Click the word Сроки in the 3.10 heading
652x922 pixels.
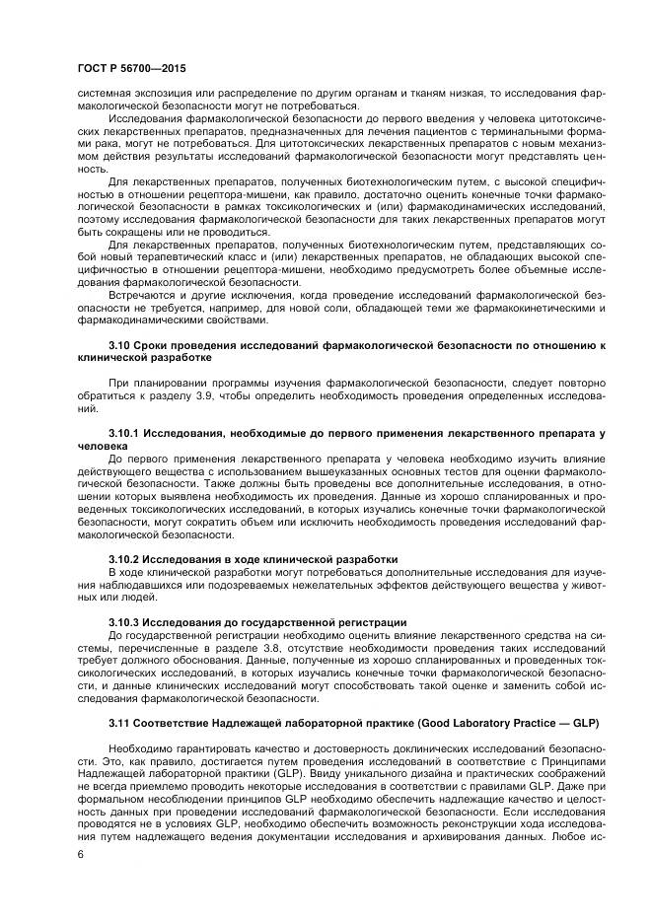coord(159,344)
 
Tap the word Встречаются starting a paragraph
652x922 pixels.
coord(143,295)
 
